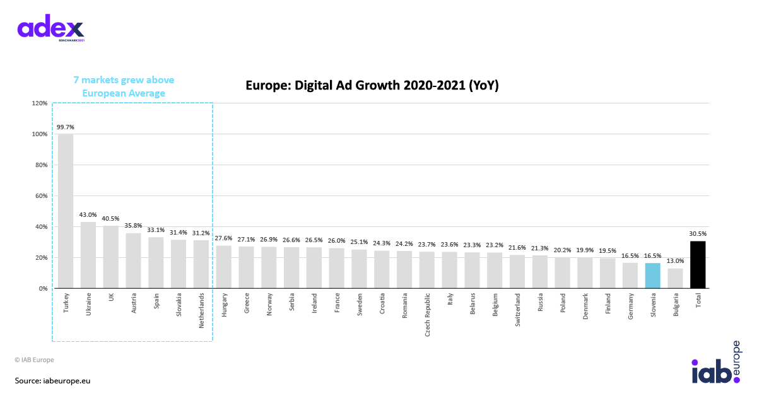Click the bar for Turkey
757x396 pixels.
[66, 211]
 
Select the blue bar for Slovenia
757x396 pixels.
[652, 276]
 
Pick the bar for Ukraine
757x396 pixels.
[88, 255]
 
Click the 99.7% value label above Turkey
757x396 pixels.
[66, 127]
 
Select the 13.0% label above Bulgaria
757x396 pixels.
[675, 261]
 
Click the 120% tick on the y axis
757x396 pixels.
[39, 103]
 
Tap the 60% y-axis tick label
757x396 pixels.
[40, 195]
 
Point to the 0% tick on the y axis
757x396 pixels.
[43, 288]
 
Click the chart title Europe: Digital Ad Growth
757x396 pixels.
[372, 86]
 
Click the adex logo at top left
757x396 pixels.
[50, 28]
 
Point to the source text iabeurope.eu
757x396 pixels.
[53, 381]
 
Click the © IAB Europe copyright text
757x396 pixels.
[35, 359]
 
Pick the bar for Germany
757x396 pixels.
[630, 276]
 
